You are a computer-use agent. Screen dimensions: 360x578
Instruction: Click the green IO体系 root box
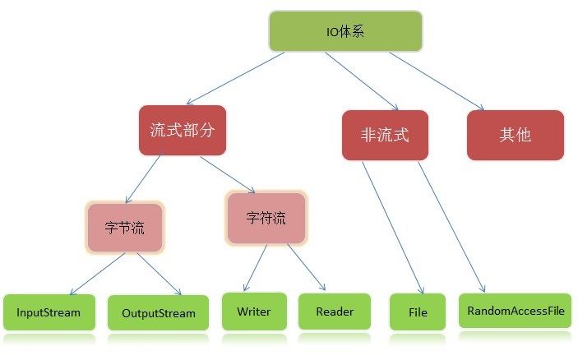[x=345, y=31]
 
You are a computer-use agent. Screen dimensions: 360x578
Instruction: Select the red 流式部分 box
[x=182, y=130]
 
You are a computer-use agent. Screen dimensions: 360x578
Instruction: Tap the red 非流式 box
[x=385, y=134]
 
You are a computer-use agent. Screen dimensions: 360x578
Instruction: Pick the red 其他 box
[x=516, y=134]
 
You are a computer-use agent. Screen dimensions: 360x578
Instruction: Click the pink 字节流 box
[x=125, y=227]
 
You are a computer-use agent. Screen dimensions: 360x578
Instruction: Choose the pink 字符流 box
[x=266, y=218]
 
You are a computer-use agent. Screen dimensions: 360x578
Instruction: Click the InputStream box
[x=49, y=313]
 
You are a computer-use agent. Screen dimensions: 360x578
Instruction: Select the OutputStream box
[x=158, y=313]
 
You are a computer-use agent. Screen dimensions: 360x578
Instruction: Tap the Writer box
[x=253, y=312]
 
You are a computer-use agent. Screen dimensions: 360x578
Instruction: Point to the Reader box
[x=335, y=312]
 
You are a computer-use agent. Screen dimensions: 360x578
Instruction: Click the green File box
[x=418, y=313]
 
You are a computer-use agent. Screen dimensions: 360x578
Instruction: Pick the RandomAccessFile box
[x=515, y=312]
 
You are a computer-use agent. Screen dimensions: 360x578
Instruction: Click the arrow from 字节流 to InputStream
[x=97, y=274]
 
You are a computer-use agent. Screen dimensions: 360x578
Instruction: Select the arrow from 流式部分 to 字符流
[x=228, y=173]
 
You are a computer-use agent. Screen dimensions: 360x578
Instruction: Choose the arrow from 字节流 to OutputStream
[x=159, y=274]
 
